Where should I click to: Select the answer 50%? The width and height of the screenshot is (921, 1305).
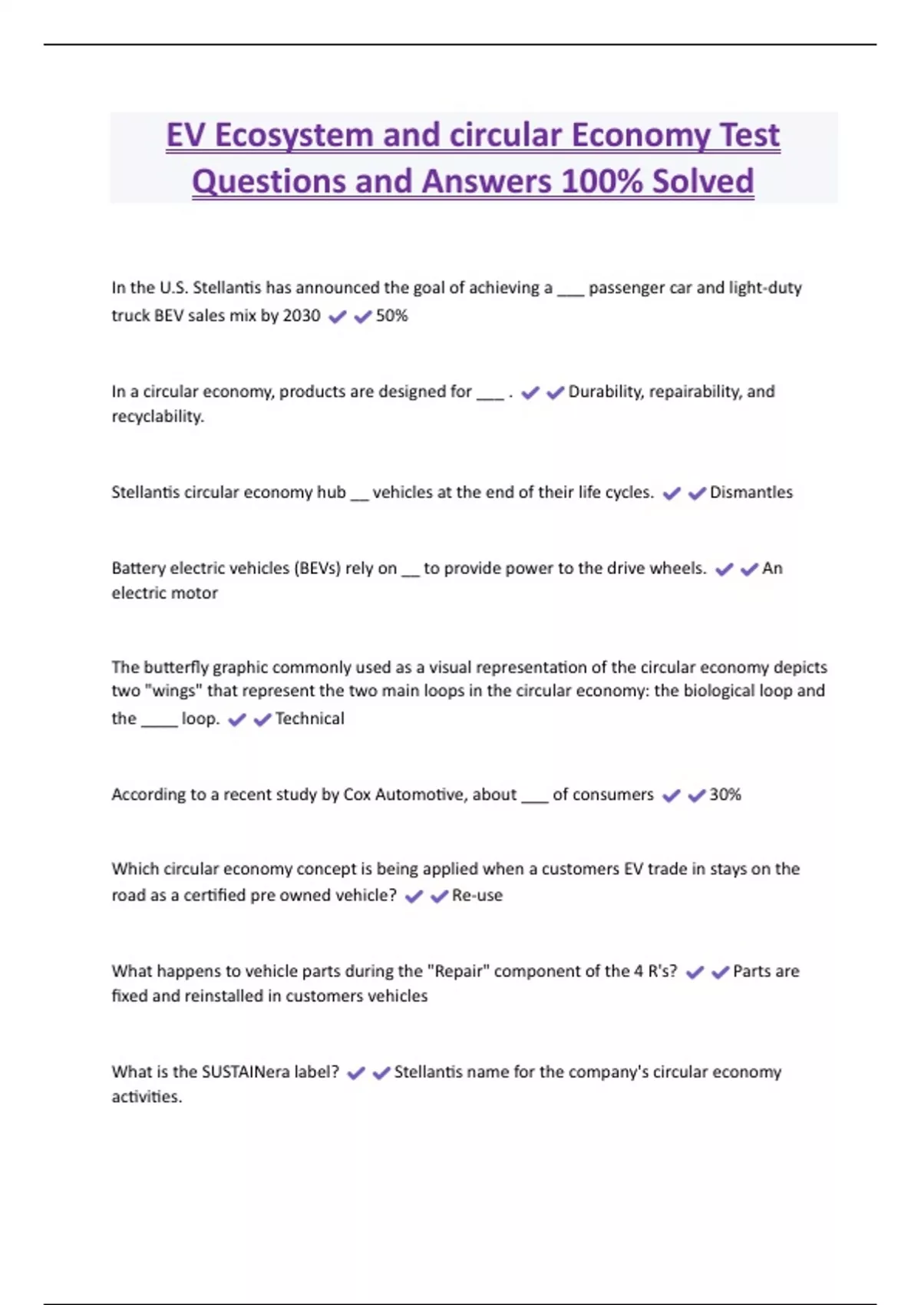pos(391,316)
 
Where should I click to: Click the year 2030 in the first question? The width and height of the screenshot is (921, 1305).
pos(302,316)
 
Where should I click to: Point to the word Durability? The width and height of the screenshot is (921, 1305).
pos(605,391)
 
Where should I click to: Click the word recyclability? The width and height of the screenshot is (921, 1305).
pos(157,416)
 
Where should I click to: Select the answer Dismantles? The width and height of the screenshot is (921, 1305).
pos(751,492)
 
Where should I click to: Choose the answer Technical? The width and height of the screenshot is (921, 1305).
pos(309,719)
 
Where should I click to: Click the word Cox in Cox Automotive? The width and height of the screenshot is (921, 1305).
pos(357,795)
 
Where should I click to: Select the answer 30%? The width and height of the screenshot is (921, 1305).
pos(725,795)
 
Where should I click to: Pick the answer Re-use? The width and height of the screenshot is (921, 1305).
pos(477,895)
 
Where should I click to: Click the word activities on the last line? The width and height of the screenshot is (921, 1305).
pos(147,1096)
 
